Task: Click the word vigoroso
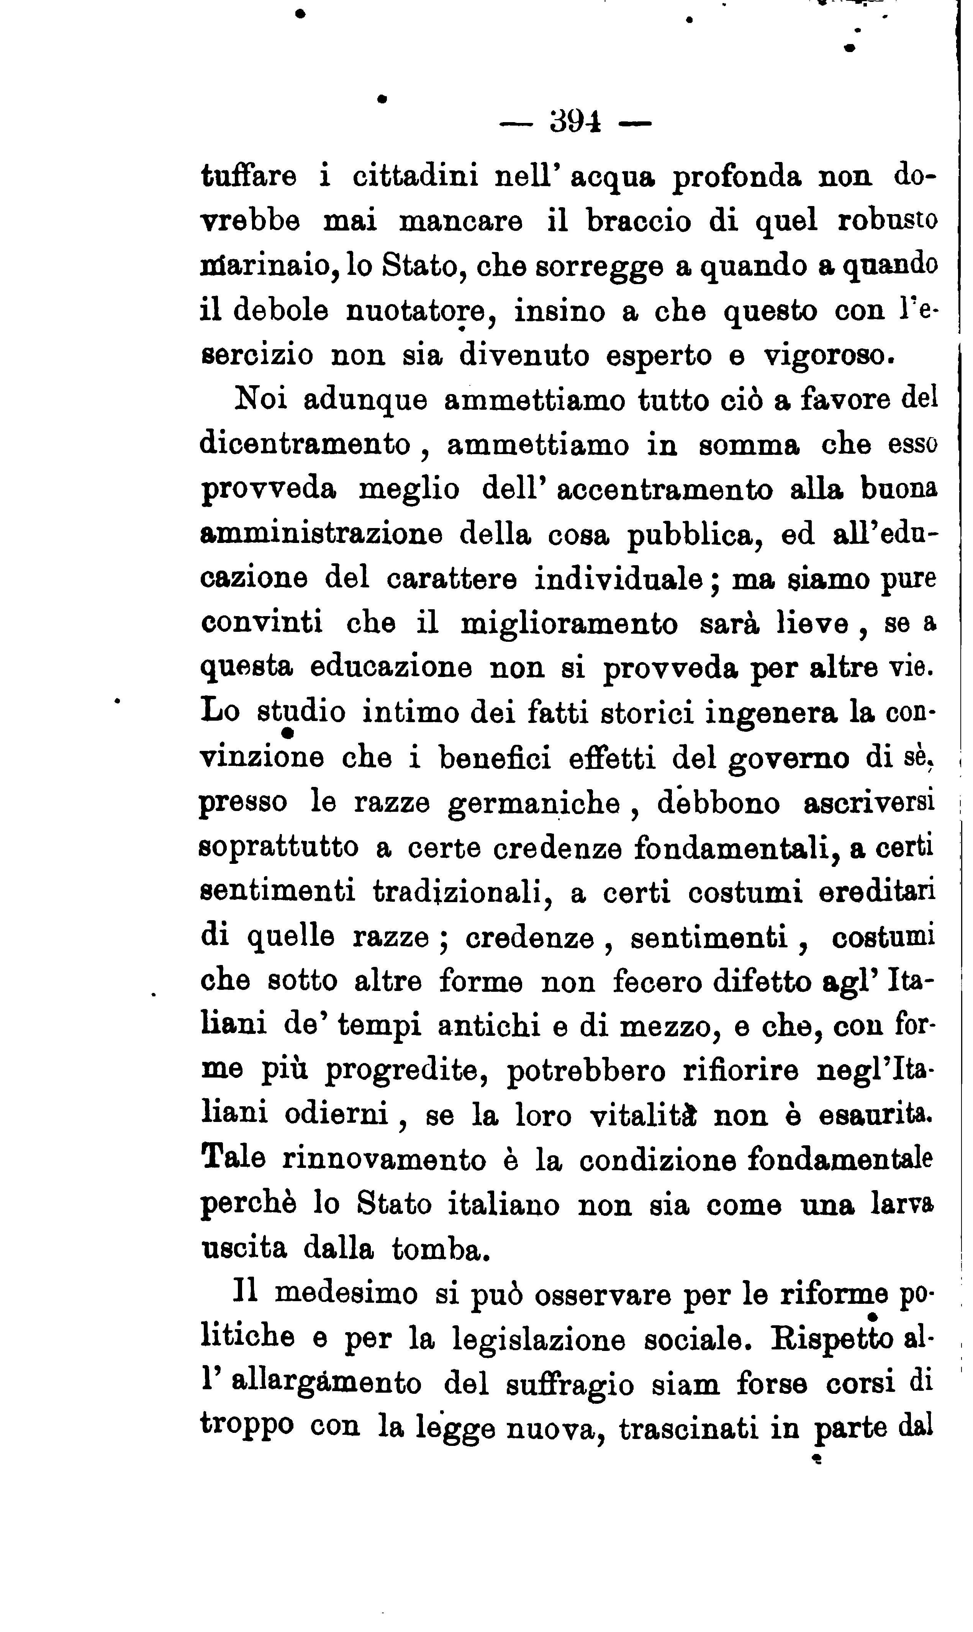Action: [x=829, y=355]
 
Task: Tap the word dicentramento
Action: [x=306, y=444]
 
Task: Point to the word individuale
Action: [x=619, y=579]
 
